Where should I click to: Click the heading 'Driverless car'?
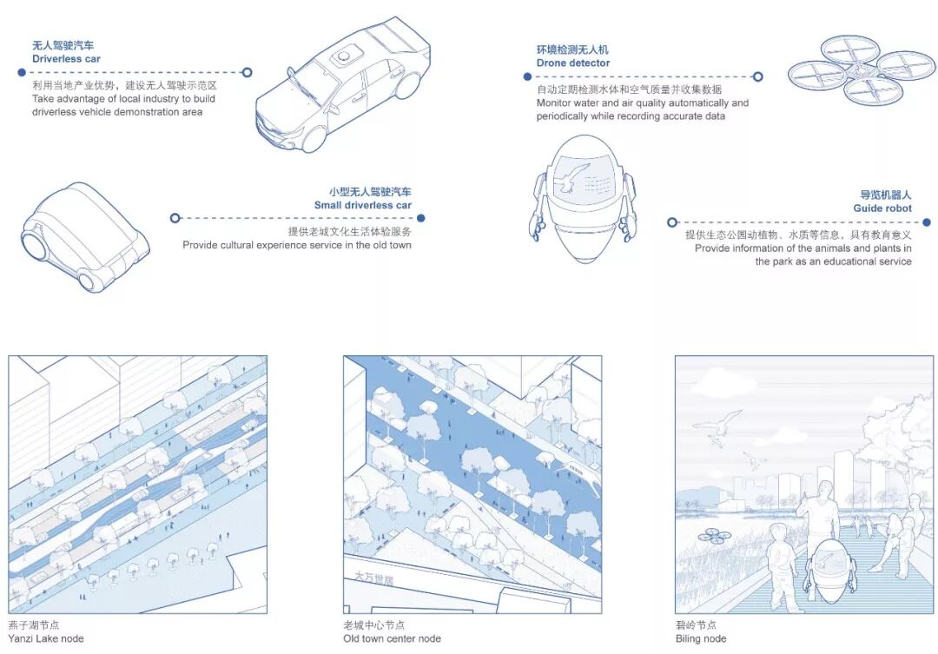tap(66, 59)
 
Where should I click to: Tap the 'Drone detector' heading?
tap(572, 63)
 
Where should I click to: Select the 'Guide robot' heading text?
tap(882, 208)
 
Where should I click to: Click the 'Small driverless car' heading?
tap(362, 206)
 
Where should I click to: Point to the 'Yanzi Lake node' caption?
tap(46, 639)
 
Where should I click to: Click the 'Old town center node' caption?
tap(392, 639)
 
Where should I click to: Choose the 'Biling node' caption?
tap(701, 639)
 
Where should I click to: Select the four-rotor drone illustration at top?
tap(862, 69)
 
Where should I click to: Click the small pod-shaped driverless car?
tap(84, 235)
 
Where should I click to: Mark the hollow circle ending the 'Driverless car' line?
tap(247, 73)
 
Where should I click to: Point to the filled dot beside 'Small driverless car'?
tap(421, 218)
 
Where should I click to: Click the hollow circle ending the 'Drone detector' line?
tap(757, 76)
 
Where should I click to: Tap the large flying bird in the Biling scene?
tap(717, 425)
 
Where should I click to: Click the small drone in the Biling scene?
tap(713, 536)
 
